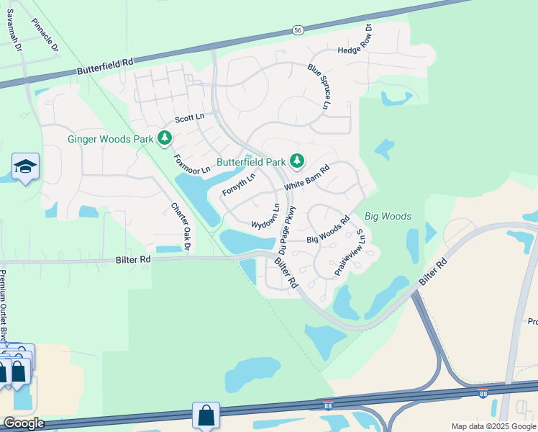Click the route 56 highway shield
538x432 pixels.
[298, 30]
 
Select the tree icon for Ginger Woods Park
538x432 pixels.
[165, 138]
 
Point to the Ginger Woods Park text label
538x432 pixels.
[111, 139]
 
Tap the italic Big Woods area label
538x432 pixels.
[388, 216]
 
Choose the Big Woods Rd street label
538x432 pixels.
[328, 229]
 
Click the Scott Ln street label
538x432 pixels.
[190, 117]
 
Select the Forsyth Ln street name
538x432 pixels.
[239, 186]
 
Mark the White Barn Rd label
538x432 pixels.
[306, 177]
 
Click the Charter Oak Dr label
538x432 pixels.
[179, 227]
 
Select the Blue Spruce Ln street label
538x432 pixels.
[319, 86]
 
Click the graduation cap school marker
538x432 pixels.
[26, 167]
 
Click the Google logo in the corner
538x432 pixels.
[23, 423]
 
